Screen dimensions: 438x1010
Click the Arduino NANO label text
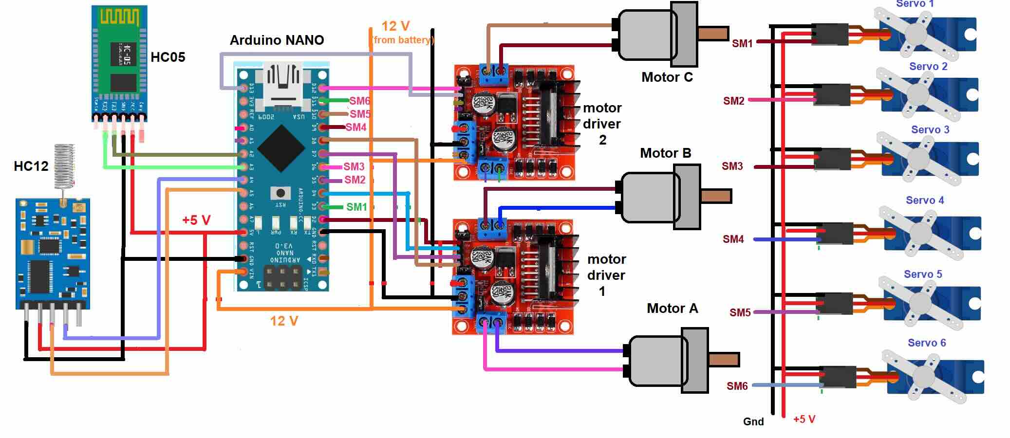point(277,40)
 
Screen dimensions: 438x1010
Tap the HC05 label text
point(168,57)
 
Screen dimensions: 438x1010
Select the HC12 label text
point(31,166)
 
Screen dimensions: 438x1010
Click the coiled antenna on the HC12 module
point(64,166)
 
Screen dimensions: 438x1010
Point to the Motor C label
point(667,77)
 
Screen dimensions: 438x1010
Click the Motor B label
point(665,153)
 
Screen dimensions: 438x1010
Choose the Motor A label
point(672,309)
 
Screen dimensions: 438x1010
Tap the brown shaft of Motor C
point(713,33)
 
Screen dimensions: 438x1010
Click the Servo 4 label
point(924,201)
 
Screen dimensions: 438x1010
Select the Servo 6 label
point(926,343)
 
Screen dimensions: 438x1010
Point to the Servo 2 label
point(928,67)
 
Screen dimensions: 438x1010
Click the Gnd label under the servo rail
point(753,422)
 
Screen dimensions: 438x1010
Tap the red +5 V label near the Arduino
point(196,220)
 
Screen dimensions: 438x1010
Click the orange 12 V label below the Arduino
point(284,321)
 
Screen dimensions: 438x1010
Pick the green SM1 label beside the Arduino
point(356,207)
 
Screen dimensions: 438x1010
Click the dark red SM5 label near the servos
point(740,313)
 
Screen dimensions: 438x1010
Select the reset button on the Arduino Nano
point(280,193)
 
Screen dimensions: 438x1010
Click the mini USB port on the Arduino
point(281,80)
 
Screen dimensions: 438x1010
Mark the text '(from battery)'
point(403,40)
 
